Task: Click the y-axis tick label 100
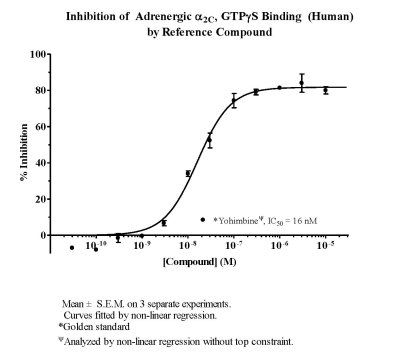click(38, 54)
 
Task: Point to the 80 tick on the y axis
click(40, 90)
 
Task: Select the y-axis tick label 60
click(40, 127)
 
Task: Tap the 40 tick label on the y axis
click(40, 163)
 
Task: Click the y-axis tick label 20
click(40, 199)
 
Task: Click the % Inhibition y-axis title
click(24, 153)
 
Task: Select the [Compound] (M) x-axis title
click(200, 262)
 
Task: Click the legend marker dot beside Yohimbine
click(203, 220)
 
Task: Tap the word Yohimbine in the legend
click(238, 220)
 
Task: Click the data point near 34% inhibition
click(188, 173)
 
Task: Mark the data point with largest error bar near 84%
click(302, 83)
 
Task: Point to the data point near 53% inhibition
click(209, 140)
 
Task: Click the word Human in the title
click(330, 17)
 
